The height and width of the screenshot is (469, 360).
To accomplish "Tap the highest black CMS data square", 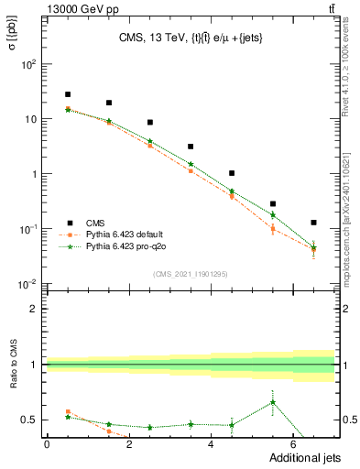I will pos(68,94).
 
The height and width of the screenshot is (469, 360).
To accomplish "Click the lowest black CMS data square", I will pos(314,223).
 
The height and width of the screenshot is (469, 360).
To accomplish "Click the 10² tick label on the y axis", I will pos(29,64).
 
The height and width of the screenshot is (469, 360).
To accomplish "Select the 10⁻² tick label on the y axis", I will pos(29,284).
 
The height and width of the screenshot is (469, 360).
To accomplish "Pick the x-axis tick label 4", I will pos(212,444).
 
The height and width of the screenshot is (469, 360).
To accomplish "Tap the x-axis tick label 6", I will pos(294,444).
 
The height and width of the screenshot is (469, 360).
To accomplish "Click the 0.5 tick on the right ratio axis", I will pos(350,420).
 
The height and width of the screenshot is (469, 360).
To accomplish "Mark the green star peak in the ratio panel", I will pos(273,402).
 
